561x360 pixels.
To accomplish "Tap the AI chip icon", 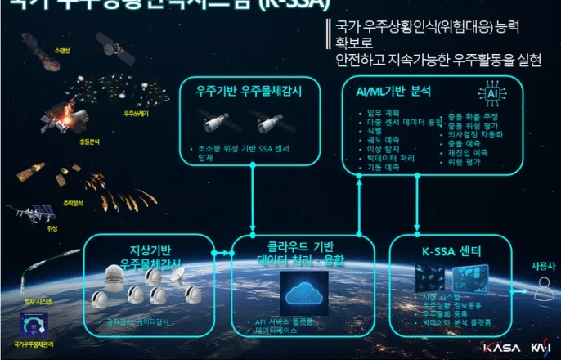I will coord(492,95).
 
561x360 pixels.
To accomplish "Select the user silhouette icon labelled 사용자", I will coord(541,287).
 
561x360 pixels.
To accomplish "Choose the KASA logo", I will coord(501,348).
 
